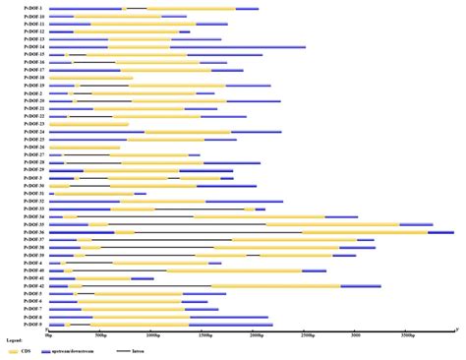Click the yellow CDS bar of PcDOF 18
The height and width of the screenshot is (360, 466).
click(x=89, y=78)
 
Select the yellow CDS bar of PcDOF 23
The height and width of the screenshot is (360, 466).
click(x=88, y=124)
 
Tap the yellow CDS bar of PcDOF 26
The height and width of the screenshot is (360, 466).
click(x=84, y=148)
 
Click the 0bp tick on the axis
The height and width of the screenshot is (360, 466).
click(x=47, y=334)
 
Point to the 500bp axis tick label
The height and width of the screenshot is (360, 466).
click(x=99, y=334)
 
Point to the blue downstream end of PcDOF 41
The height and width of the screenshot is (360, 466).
click(x=142, y=278)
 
